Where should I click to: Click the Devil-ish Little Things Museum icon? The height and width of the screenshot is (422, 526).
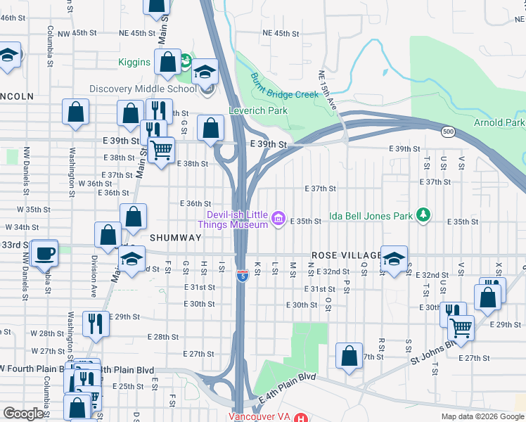pos(278,219)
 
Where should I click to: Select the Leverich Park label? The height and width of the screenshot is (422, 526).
pos(258,110)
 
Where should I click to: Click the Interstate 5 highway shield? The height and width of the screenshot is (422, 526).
pos(241,276)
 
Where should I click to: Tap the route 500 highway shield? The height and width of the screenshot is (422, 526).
pos(448,132)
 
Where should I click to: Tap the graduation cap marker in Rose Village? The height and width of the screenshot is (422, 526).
pos(394,259)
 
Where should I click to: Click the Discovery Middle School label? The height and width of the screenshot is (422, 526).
pos(143,89)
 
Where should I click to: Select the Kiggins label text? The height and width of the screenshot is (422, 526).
pos(134,62)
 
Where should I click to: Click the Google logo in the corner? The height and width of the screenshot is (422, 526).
pos(23,414)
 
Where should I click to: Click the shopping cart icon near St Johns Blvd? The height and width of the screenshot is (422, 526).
pos(461,327)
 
